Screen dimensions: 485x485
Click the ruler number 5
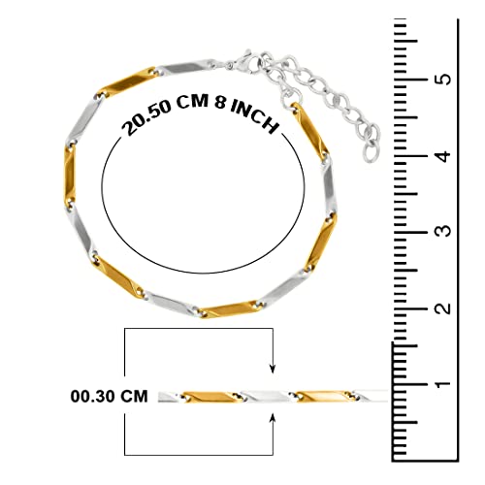[445, 79]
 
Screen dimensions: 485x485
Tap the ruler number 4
[444, 156]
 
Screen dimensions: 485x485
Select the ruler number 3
[443, 230]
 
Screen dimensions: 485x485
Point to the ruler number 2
[443, 307]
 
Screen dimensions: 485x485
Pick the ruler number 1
[443, 384]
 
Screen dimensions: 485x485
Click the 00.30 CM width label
[109, 397]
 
